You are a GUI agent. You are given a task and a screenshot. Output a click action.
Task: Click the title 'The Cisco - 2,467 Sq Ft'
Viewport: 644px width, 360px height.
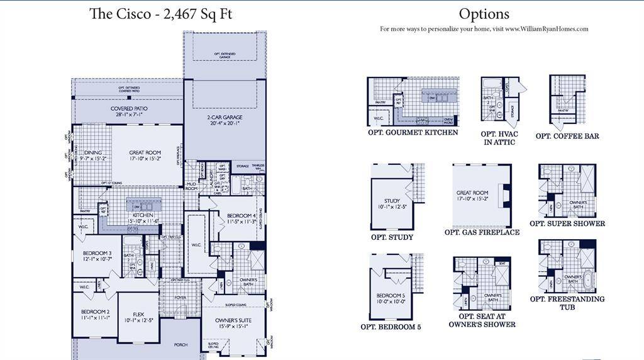[x=160, y=14]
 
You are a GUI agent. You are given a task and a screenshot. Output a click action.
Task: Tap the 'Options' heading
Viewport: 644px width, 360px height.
[x=484, y=14]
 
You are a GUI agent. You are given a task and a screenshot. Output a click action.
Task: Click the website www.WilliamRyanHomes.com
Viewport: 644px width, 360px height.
[x=546, y=29]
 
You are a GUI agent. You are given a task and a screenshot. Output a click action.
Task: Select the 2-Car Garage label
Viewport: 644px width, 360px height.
[x=225, y=118]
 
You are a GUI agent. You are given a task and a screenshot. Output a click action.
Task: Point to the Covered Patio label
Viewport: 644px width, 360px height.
[x=129, y=109]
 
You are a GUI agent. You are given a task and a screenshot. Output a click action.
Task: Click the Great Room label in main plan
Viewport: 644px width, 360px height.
[x=145, y=153]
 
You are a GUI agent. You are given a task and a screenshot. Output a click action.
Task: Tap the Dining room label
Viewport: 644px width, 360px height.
[x=93, y=153]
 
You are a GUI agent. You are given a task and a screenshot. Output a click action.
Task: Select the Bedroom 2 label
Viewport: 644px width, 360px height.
[x=95, y=312]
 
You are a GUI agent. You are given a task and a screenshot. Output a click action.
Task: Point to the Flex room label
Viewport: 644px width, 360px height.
[x=139, y=315]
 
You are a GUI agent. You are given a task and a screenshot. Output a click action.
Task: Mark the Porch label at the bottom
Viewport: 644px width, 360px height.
[x=180, y=344]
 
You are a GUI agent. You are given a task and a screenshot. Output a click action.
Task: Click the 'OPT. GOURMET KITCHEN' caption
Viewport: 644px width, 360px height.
[x=413, y=133]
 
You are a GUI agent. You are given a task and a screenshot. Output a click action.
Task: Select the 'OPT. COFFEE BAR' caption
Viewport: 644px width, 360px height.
[x=567, y=136]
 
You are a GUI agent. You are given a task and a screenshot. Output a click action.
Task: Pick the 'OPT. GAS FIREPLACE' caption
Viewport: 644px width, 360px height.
[x=482, y=232]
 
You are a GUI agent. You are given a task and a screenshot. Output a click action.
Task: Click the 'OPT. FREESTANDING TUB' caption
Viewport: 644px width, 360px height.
[x=567, y=303]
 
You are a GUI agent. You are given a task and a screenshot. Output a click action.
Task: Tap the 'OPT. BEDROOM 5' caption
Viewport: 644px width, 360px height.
[x=391, y=327]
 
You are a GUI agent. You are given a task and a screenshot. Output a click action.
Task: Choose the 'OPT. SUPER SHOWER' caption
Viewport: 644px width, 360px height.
[x=567, y=223]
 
